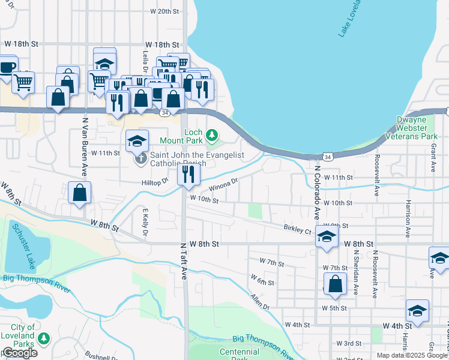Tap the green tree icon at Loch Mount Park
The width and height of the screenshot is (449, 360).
(211, 134)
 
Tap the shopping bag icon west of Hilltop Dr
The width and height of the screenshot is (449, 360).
(79, 193)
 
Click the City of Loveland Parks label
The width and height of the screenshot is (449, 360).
(18, 336)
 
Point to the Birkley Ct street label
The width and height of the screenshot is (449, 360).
(298, 230)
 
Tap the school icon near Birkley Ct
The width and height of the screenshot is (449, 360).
(327, 237)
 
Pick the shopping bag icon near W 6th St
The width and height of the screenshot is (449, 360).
(335, 285)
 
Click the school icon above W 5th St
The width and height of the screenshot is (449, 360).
(417, 311)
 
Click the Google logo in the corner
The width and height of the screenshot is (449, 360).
(20, 353)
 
